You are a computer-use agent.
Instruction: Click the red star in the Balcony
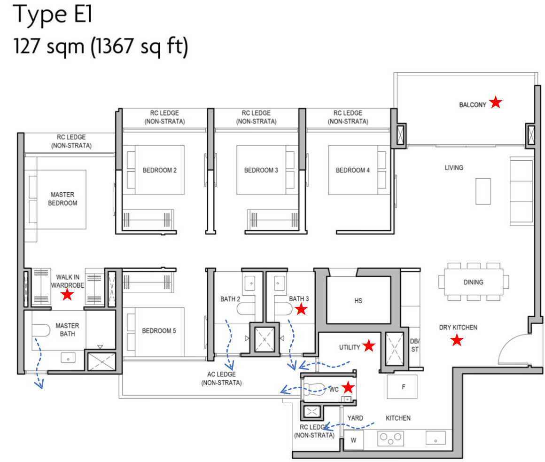tap(495, 102)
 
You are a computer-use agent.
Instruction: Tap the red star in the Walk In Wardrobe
tap(67, 295)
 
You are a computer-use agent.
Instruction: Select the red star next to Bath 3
tap(301, 309)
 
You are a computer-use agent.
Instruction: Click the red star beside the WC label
tap(348, 387)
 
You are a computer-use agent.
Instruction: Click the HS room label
tap(358, 301)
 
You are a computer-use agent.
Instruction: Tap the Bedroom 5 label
tap(159, 331)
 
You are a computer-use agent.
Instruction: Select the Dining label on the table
tap(473, 282)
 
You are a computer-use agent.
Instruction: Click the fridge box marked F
tap(403, 387)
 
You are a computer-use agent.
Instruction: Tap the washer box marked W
tap(353, 441)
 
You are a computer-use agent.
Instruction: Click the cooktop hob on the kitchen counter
tap(391, 439)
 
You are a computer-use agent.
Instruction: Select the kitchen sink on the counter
tap(436, 438)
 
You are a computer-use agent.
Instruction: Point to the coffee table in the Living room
tap(483, 191)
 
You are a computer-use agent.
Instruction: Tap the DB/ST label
tap(414, 346)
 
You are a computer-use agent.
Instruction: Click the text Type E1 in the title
tap(54, 15)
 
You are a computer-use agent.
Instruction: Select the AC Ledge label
tap(221, 378)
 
